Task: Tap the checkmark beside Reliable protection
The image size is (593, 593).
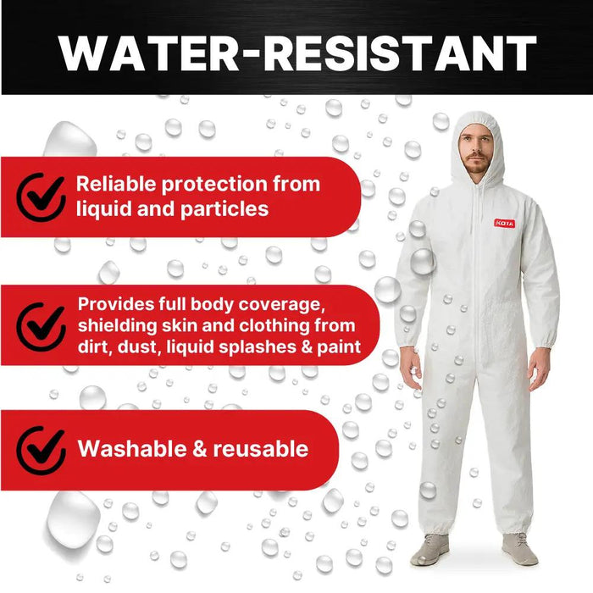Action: [41, 196]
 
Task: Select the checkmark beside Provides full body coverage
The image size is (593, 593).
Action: [41, 325]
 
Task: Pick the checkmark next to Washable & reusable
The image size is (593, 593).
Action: [41, 450]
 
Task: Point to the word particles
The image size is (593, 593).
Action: [227, 209]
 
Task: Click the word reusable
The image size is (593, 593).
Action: [262, 449]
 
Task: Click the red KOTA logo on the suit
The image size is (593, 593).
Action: [506, 223]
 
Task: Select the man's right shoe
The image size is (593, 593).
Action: [432, 549]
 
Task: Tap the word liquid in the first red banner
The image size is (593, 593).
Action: [103, 209]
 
